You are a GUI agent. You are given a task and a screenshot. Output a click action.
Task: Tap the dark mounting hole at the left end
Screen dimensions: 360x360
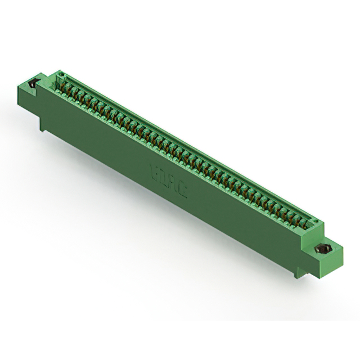tap(32, 84)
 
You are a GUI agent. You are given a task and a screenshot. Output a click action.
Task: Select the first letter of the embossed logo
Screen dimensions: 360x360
tap(155, 169)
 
